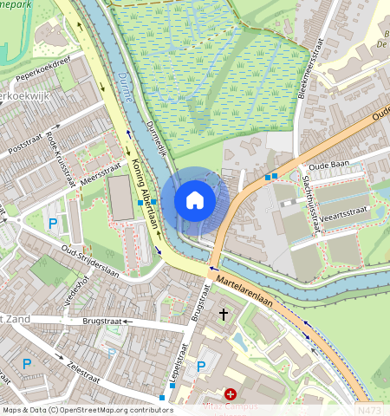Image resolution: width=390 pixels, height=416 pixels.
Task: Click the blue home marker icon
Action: pos(195,200)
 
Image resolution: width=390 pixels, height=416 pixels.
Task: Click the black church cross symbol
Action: pos(224,314)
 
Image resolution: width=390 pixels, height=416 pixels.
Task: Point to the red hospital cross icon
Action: pos(231,394)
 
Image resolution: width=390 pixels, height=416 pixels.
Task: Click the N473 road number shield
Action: pos(367,409)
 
